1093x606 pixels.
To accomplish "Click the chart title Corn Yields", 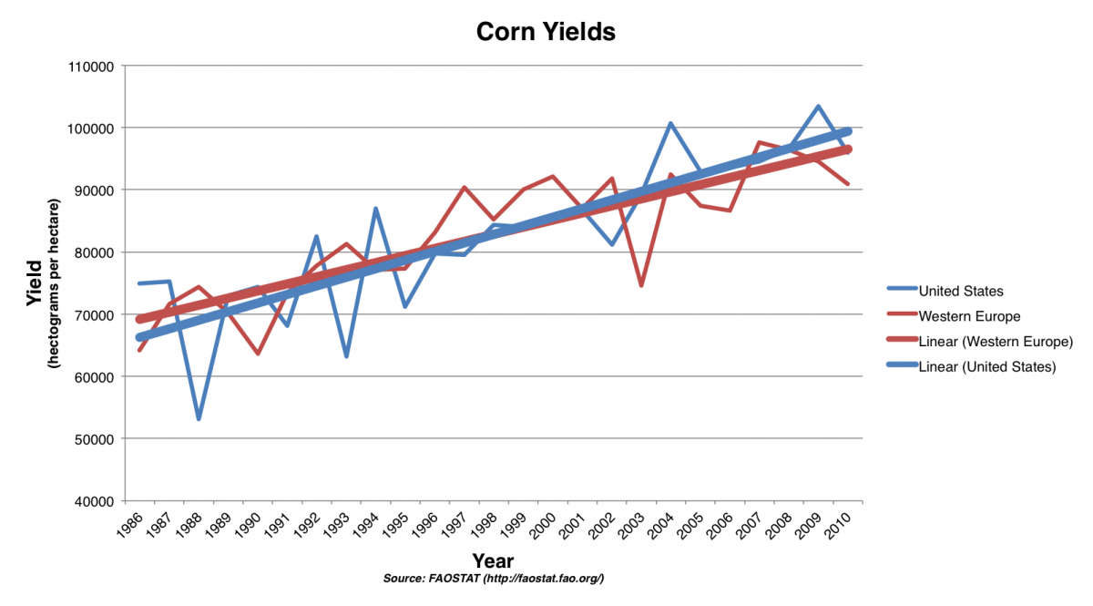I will (x=546, y=32).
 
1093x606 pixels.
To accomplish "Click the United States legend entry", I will (x=961, y=292).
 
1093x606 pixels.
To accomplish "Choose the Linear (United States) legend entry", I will (x=987, y=366).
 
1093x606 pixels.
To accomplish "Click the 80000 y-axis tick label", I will (x=93, y=252).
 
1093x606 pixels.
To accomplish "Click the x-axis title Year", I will (x=492, y=560).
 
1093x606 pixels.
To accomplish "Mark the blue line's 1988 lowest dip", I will (x=199, y=418).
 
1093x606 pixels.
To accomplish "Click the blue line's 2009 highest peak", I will (x=818, y=107).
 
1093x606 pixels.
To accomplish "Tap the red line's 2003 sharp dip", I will (x=641, y=285).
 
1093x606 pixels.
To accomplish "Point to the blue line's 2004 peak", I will (x=670, y=123).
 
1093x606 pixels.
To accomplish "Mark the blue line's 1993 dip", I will (x=346, y=355).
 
